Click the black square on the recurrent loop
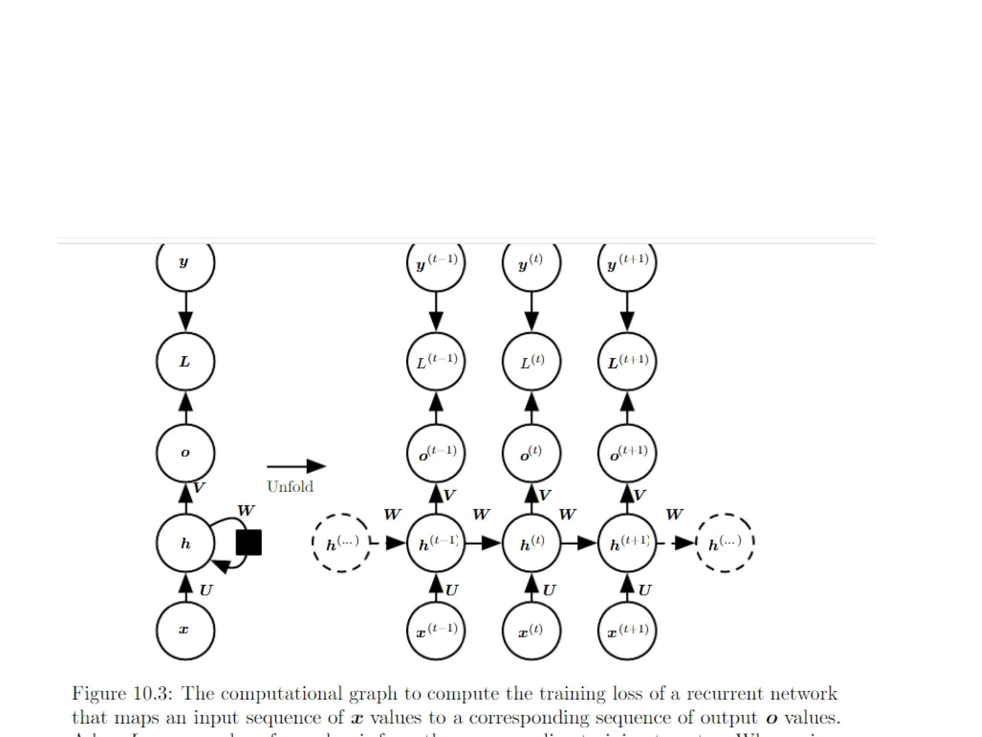click(x=249, y=543)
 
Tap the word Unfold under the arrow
click(x=290, y=487)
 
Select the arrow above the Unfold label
click(x=296, y=466)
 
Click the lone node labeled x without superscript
click(x=186, y=630)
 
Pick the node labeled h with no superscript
click(x=186, y=543)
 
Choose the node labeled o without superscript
click(x=186, y=453)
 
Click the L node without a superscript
click(x=186, y=361)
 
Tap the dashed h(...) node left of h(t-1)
click(x=341, y=543)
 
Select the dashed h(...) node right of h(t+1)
click(x=725, y=543)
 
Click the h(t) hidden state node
click(x=532, y=543)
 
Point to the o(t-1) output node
click(x=436, y=453)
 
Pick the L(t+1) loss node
click(x=627, y=361)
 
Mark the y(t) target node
click(x=532, y=263)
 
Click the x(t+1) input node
click(x=627, y=630)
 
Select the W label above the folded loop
click(x=246, y=511)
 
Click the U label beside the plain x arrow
click(x=206, y=590)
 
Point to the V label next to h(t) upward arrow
click(x=545, y=495)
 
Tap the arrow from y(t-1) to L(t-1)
click(x=436, y=312)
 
